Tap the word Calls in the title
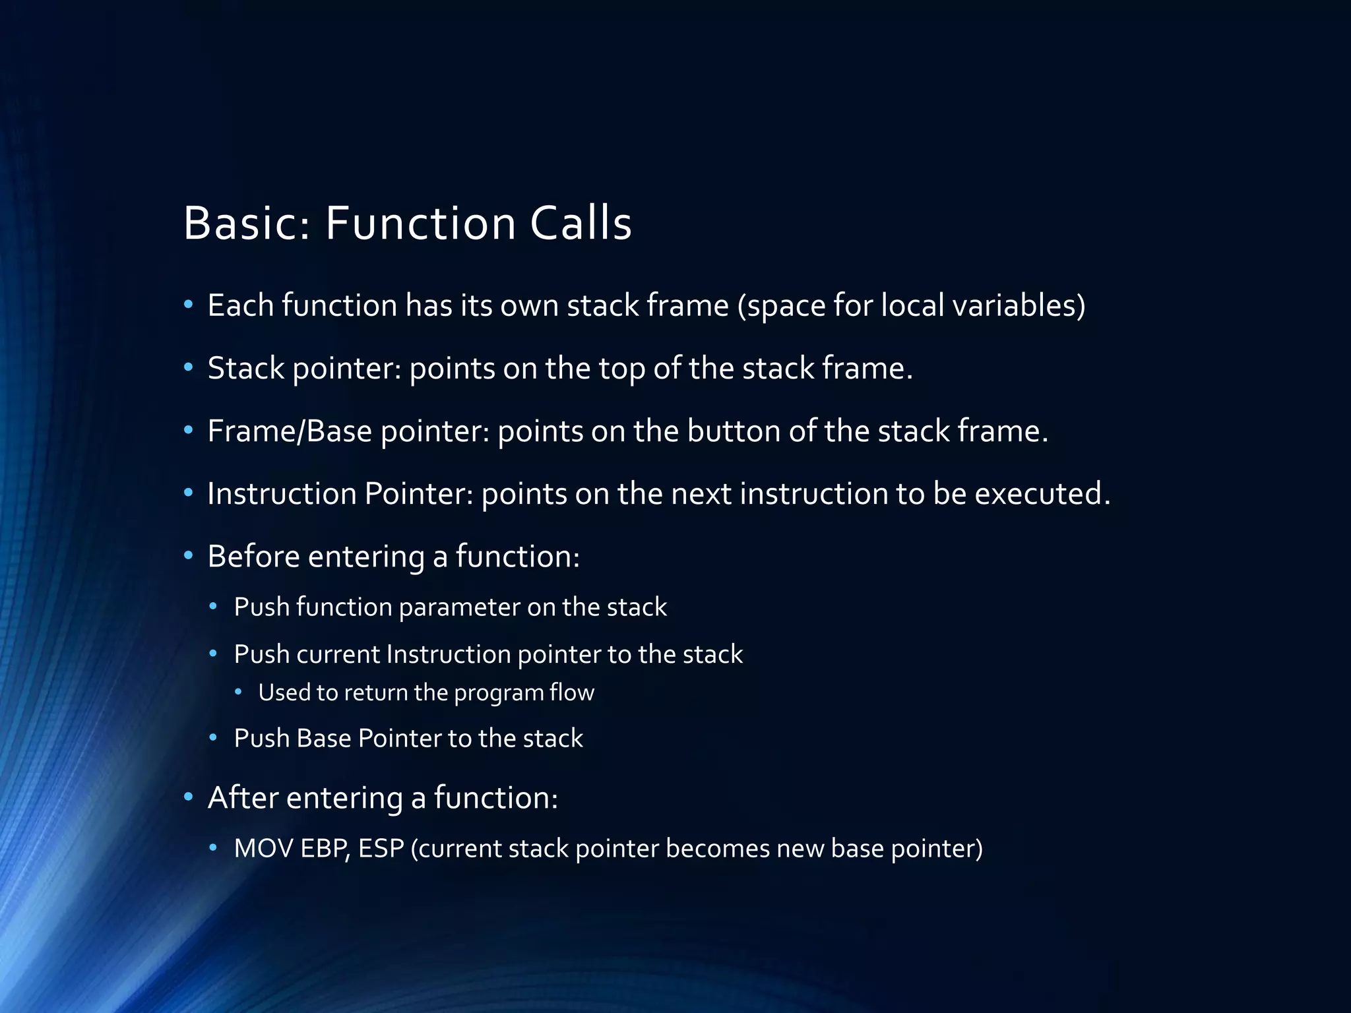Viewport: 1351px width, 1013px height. pyautogui.click(x=581, y=223)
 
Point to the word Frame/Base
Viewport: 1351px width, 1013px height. pyautogui.click(x=290, y=431)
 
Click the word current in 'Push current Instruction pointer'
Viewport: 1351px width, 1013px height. pyautogui.click(x=338, y=654)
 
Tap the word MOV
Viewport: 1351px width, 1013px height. pyautogui.click(x=263, y=848)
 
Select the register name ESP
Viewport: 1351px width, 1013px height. pyautogui.click(x=381, y=848)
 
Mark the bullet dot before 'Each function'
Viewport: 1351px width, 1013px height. pyautogui.click(x=189, y=305)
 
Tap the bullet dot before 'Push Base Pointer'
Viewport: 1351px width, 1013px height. pyautogui.click(x=213, y=737)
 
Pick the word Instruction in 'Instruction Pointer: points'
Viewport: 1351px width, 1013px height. pyautogui.click(x=282, y=493)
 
